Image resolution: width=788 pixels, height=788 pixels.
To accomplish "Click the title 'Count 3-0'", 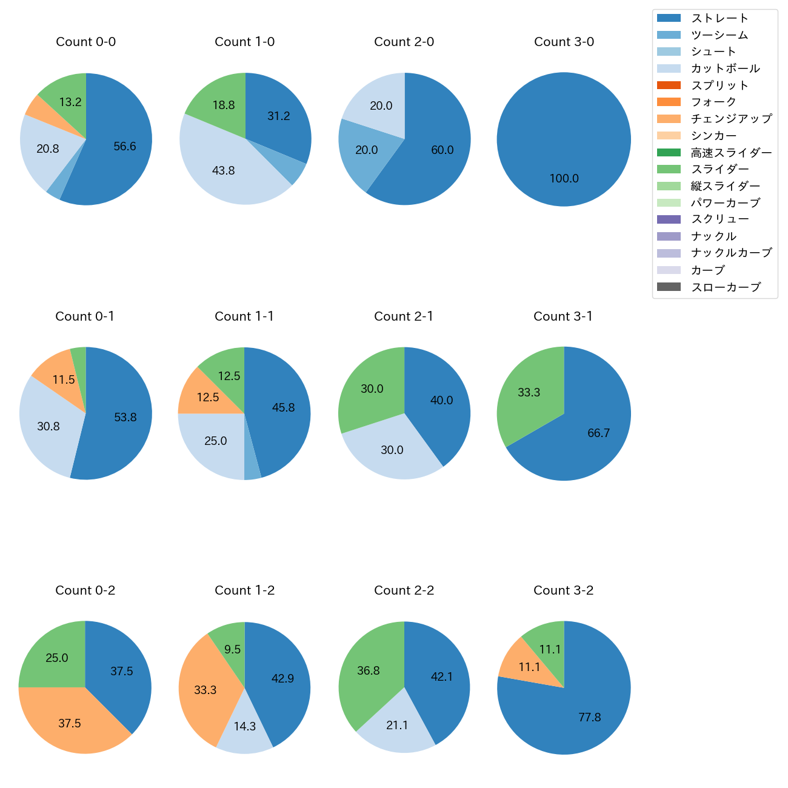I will pos(564,42).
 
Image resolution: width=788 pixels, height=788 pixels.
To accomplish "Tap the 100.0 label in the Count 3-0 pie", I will pos(564,179).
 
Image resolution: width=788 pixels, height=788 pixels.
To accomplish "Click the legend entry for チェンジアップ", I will pos(731,119).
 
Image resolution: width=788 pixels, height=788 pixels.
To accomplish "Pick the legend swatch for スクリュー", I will pos(669,219).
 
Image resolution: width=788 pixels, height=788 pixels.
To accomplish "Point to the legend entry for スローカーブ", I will pos(726,287).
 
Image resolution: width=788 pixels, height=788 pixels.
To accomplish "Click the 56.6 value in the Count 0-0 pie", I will pos(125,146).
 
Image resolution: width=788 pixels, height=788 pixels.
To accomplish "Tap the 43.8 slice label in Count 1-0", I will pos(223,171).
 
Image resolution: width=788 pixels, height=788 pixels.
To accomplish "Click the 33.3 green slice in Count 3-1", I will pos(529,393).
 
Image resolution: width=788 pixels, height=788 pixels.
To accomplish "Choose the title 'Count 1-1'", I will pos(244,316).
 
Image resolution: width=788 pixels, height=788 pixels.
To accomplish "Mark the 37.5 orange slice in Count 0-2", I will pos(70,723).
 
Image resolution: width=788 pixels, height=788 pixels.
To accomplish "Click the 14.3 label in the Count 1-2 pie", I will pos(245,726).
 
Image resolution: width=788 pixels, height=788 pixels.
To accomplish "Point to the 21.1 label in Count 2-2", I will pos(397,726).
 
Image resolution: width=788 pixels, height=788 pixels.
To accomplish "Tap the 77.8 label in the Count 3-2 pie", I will pos(589,718).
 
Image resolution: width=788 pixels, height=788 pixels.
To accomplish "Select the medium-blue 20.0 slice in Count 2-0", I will pos(366,150).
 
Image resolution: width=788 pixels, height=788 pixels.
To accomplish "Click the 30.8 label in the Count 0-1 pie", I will pos(48,427).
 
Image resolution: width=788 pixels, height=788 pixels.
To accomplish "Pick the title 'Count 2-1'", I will pos(404,316).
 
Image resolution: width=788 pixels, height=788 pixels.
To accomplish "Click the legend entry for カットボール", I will pos(725,68).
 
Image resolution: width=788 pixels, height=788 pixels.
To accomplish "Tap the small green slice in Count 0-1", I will pos(79,358).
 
